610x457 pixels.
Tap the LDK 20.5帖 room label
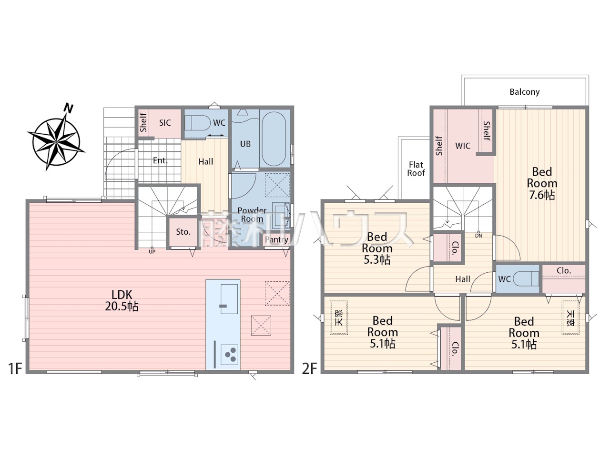(122, 300)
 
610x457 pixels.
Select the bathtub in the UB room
(274, 139)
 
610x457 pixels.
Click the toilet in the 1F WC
(198, 123)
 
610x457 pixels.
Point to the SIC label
(165, 123)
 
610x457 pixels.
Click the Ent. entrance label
(160, 160)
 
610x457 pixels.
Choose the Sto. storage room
(183, 232)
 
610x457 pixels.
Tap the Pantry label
(276, 240)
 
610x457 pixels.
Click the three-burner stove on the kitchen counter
(229, 355)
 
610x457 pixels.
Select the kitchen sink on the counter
(229, 299)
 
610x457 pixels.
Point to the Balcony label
(524, 92)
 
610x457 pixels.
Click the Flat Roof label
(416, 169)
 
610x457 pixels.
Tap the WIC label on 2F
(463, 146)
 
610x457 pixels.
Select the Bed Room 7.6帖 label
(542, 183)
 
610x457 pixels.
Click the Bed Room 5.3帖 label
(377, 248)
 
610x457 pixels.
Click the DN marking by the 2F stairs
(478, 236)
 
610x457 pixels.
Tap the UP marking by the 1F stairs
(152, 252)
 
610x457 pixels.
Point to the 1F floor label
(15, 369)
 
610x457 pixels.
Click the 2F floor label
(310, 369)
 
